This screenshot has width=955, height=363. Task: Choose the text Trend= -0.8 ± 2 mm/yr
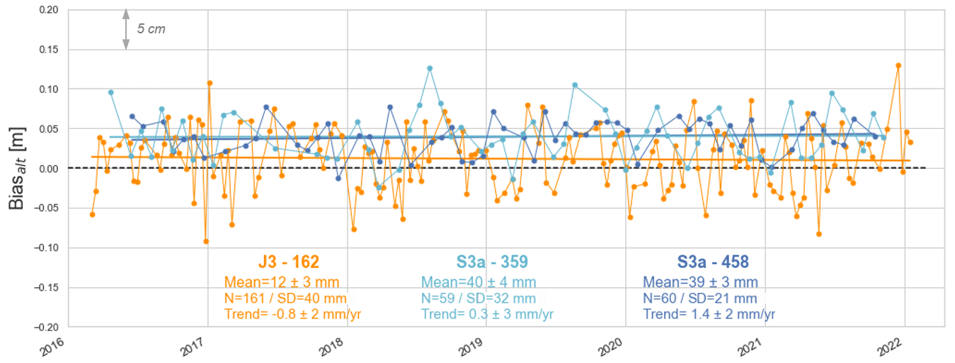pos(292,314)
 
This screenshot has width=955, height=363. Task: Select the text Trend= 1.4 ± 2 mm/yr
pos(709,314)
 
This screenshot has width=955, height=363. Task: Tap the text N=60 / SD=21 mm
pos(699,298)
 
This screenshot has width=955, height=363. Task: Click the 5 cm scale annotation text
pos(151,29)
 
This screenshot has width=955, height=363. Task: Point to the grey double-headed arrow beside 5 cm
pos(126,29)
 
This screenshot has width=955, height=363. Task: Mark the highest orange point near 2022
pos(898,65)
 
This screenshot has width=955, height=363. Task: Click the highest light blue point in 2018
pos(430,68)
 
